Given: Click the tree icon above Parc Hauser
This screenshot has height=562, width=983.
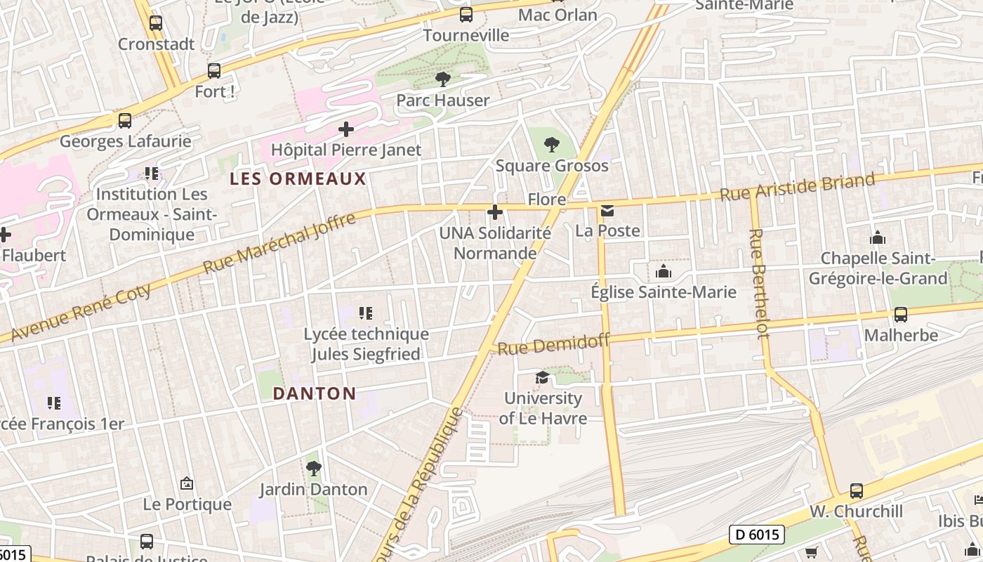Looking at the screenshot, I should (x=442, y=79).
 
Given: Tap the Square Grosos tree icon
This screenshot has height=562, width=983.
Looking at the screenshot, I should (x=552, y=145).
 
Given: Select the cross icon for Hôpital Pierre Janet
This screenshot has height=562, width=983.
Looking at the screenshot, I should (x=345, y=129).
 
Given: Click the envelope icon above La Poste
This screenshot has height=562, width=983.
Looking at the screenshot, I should (x=607, y=210).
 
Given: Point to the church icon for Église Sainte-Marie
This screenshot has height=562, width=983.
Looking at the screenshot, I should (x=663, y=271).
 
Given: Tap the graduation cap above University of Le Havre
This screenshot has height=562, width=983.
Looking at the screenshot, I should (x=542, y=378).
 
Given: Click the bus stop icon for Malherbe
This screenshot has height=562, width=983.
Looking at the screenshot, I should (x=900, y=314).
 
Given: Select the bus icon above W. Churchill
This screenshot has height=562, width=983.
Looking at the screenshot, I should (x=856, y=490).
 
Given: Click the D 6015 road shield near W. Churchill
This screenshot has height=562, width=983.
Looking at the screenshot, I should (x=756, y=535).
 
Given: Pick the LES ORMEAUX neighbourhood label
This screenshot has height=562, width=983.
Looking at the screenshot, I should (x=298, y=179).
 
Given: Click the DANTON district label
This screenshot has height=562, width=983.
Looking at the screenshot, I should (x=315, y=393).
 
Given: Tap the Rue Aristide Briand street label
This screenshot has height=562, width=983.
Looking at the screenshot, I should (x=798, y=187).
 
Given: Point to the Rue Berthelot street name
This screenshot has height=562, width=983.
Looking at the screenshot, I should (x=759, y=282).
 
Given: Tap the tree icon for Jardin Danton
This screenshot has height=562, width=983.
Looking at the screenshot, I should (x=313, y=468).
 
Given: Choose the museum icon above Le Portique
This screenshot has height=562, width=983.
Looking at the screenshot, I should (x=187, y=483).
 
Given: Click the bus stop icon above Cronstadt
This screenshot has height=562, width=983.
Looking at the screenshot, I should (x=156, y=22).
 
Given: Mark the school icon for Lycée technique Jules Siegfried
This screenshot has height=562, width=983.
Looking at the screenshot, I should (x=365, y=313).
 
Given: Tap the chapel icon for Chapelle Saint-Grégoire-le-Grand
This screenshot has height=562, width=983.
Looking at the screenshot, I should (x=877, y=237).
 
